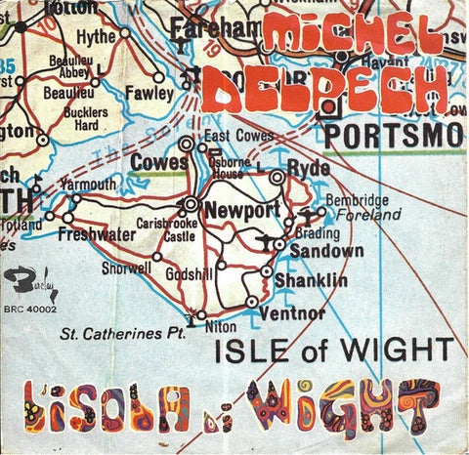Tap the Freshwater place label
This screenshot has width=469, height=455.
(96, 234)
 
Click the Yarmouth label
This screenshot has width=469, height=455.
(89, 184)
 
